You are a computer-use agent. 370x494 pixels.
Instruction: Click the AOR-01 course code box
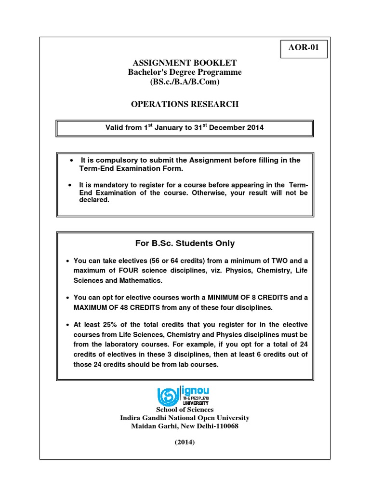pos(304,49)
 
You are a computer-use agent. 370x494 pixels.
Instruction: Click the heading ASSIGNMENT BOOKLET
pos(185,63)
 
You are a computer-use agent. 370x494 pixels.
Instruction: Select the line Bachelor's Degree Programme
pos(185,72)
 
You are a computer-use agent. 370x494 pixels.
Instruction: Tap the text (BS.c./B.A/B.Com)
pos(185,82)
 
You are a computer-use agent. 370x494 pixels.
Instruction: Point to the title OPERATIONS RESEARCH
pos(185,104)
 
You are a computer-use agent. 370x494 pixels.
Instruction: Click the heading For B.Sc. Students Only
pos(185,244)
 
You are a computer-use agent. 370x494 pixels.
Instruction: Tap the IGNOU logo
pos(183,396)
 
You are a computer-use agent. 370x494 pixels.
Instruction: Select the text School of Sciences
pos(185,410)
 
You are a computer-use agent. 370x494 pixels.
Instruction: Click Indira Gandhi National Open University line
pos(185,418)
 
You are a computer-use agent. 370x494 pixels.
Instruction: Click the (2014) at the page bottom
pos(185,442)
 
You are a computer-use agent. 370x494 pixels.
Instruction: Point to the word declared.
pos(94,200)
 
